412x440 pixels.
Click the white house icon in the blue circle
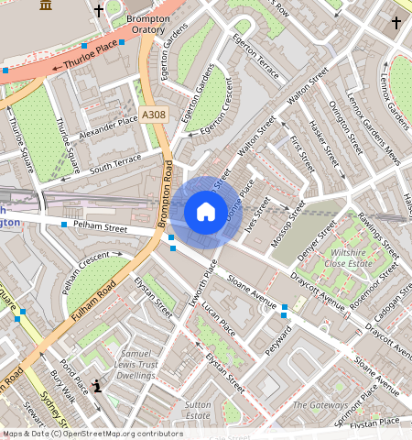point(206,213)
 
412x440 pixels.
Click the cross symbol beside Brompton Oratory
point(99,12)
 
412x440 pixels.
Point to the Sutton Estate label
point(198,409)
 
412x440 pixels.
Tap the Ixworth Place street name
point(199,283)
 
